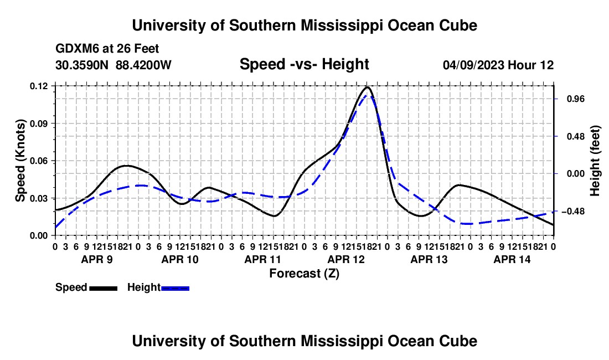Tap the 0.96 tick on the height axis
point(575,99)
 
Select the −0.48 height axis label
point(573,211)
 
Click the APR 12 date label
point(346,259)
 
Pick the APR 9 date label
point(97,259)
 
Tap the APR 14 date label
point(512,259)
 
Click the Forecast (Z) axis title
point(304,274)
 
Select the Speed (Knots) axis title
point(20,161)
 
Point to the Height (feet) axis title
point(595,161)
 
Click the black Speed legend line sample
point(104,288)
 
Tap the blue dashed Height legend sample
point(175,288)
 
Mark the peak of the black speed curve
point(367,87)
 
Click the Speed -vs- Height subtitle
point(304,64)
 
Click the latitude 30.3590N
point(82,65)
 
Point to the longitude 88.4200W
point(143,65)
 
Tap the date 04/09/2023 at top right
point(473,65)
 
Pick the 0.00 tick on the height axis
point(575,173)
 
